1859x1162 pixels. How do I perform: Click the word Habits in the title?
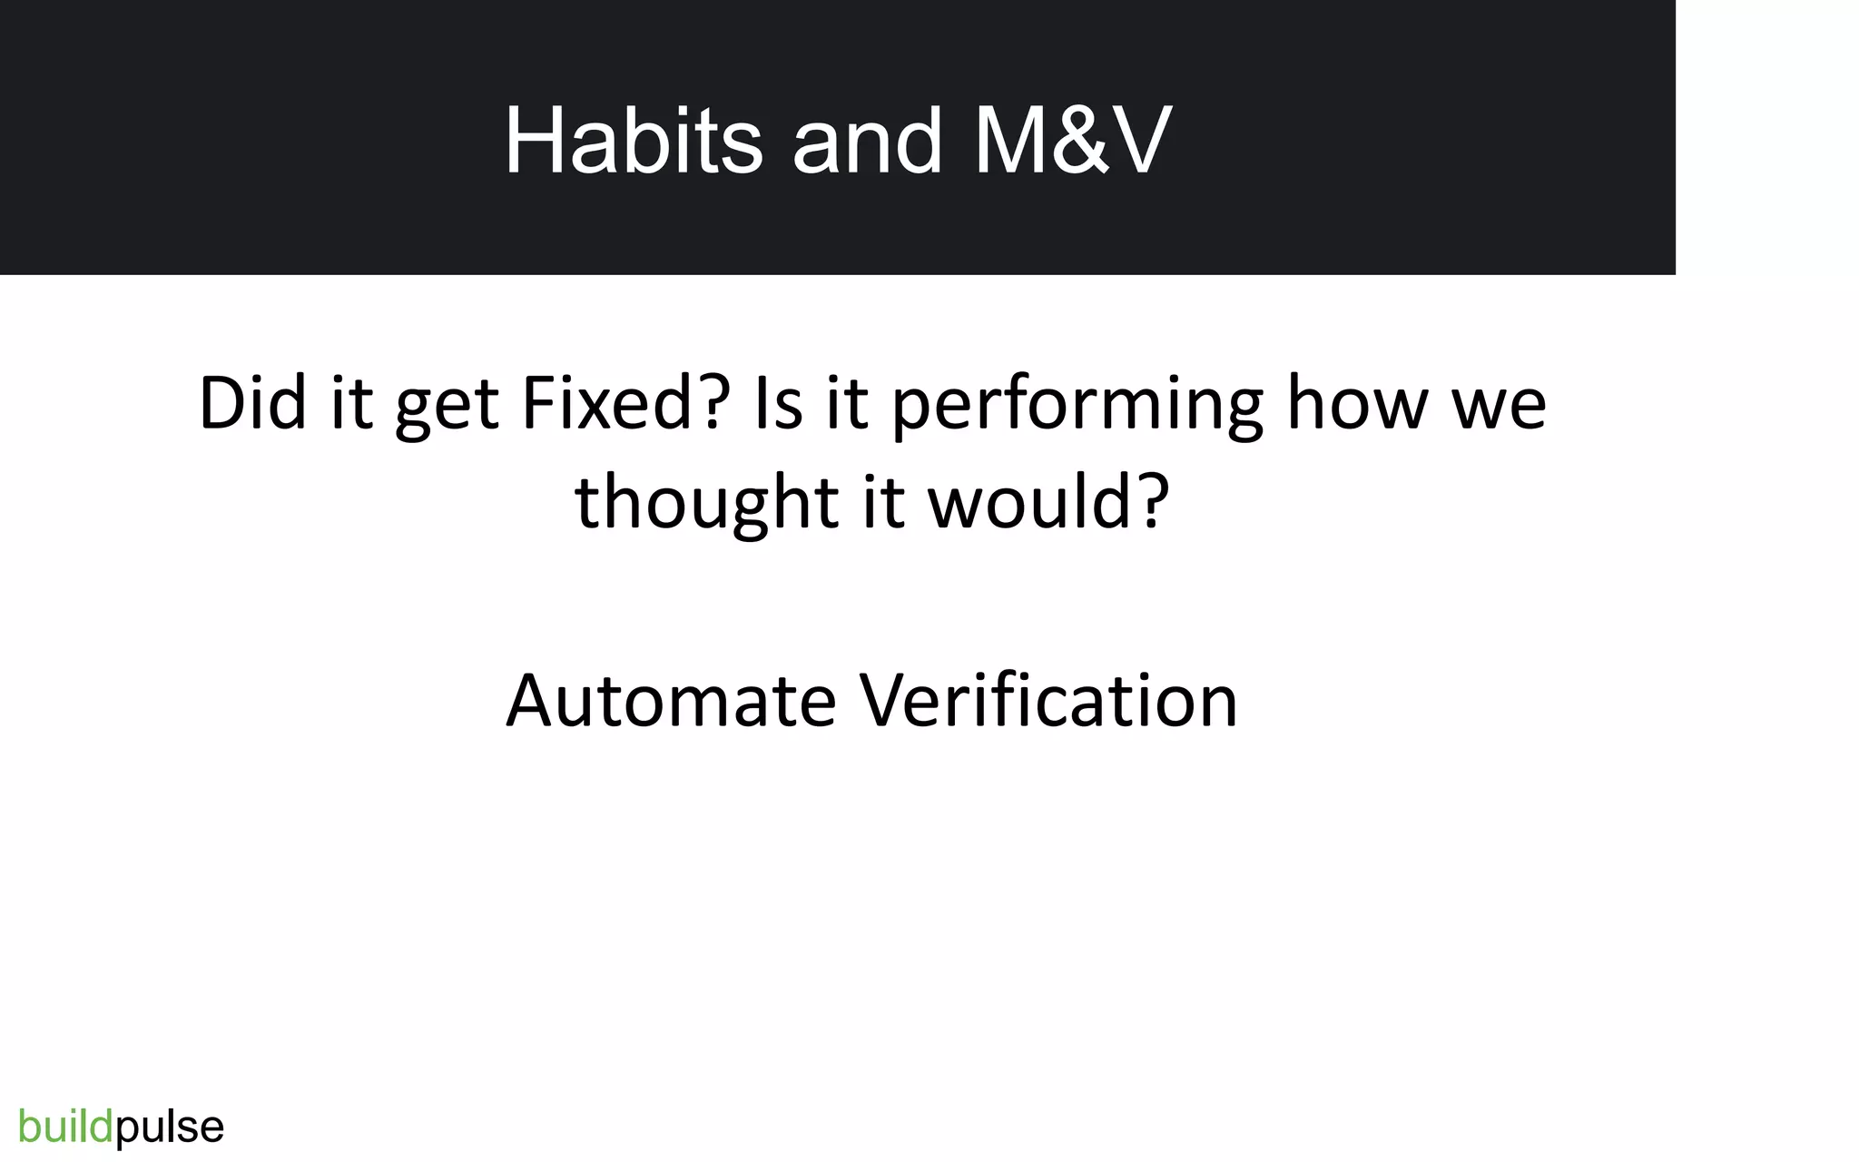pyautogui.click(x=633, y=141)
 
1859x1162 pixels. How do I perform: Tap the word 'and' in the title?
pyautogui.click(x=867, y=143)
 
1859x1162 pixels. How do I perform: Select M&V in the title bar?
pyautogui.click(x=1072, y=141)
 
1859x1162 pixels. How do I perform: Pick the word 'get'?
pyautogui.click(x=447, y=406)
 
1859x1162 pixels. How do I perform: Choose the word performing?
pyautogui.click(x=1077, y=406)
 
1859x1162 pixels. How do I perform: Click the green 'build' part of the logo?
pyautogui.click(x=65, y=1127)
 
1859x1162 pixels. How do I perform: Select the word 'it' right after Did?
pyautogui.click(x=351, y=402)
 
